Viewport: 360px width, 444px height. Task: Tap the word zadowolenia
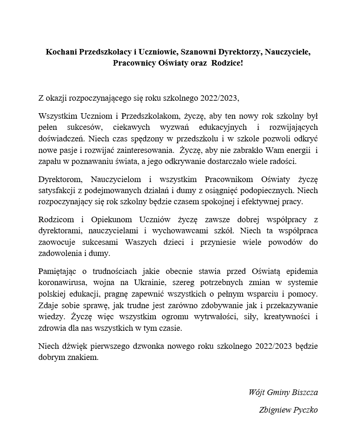(x=60, y=253)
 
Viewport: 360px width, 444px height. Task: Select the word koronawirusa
(x=60, y=282)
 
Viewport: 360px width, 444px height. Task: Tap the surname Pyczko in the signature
(x=303, y=410)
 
